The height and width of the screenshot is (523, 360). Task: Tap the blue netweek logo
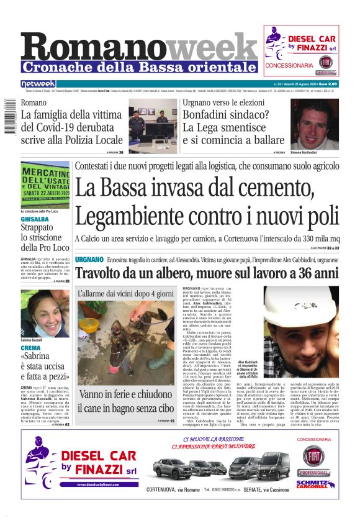38,83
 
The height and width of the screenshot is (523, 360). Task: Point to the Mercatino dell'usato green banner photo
45,187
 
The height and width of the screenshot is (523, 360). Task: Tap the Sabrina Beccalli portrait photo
45,314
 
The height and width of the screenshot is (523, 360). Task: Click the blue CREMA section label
30,348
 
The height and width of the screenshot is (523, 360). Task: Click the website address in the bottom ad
99,484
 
